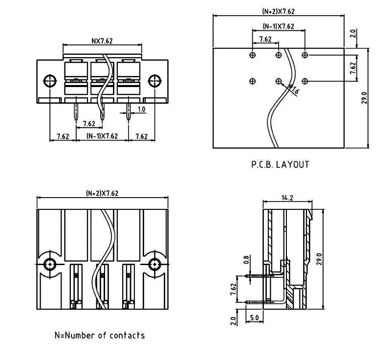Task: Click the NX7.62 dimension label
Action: click(102, 41)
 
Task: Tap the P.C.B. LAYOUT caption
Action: click(280, 164)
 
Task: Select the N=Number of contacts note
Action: click(99, 336)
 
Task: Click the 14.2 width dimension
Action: click(287, 198)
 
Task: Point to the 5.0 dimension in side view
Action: click(254, 317)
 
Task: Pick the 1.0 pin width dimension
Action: click(141, 109)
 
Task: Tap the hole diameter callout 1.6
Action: click(294, 90)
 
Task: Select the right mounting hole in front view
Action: click(154, 81)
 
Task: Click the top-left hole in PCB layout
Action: click(252, 55)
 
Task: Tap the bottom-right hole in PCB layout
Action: click(305, 81)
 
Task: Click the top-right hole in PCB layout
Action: click(305, 55)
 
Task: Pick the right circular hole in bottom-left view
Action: click(154, 264)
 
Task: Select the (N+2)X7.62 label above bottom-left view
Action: click(102, 193)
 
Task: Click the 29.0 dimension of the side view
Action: click(320, 258)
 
